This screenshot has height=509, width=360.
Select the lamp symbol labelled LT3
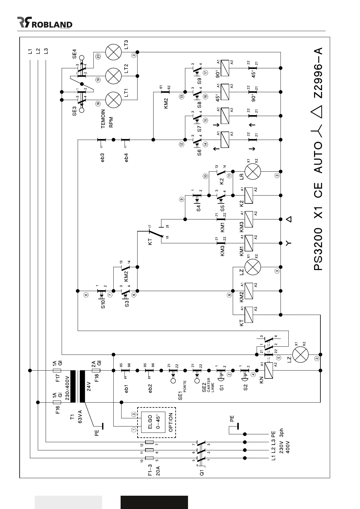click(x=113, y=52)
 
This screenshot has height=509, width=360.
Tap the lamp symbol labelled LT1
click(x=113, y=99)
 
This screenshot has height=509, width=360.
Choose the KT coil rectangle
click(x=248, y=315)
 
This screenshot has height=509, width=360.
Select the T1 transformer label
click(x=72, y=417)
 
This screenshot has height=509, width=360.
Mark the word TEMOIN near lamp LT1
click(x=103, y=119)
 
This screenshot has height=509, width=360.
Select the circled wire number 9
click(x=181, y=199)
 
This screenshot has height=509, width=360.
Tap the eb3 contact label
click(x=103, y=158)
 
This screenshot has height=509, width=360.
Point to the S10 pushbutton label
click(x=103, y=304)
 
